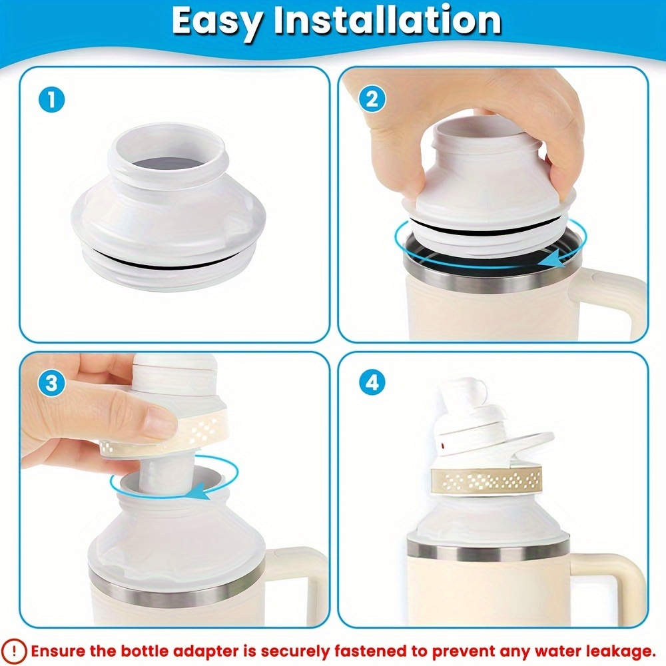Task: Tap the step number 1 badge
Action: coord(51,101)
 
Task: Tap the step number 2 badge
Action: coord(372,100)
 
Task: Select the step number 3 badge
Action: coord(51,384)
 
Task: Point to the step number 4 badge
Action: coord(372,383)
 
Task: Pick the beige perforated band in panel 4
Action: coord(487,480)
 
